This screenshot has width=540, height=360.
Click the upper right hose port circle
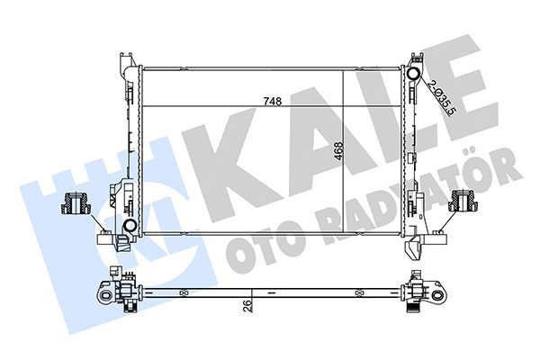pyautogui.click(x=415, y=75)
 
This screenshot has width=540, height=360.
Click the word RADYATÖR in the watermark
pyautogui.click(x=423, y=198)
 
